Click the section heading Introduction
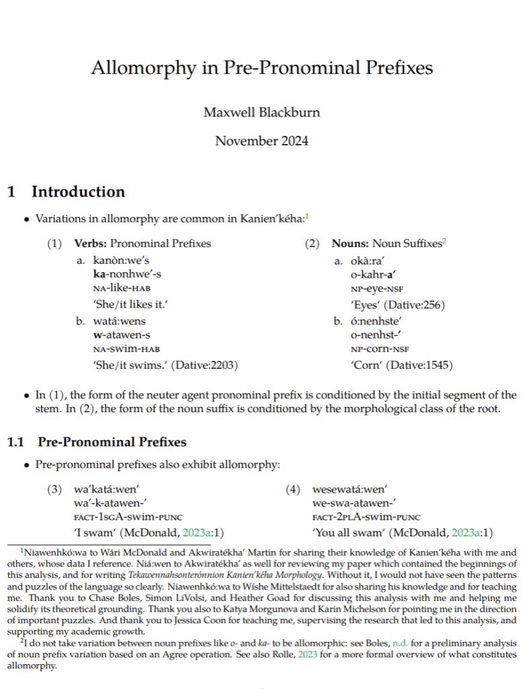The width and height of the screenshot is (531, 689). tap(78, 192)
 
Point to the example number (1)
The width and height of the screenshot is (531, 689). tap(54, 244)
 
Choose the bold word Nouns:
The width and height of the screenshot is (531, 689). tap(350, 244)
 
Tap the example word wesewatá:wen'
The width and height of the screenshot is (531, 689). tap(350, 490)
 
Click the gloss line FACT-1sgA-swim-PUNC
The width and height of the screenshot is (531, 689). tap(119, 517)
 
